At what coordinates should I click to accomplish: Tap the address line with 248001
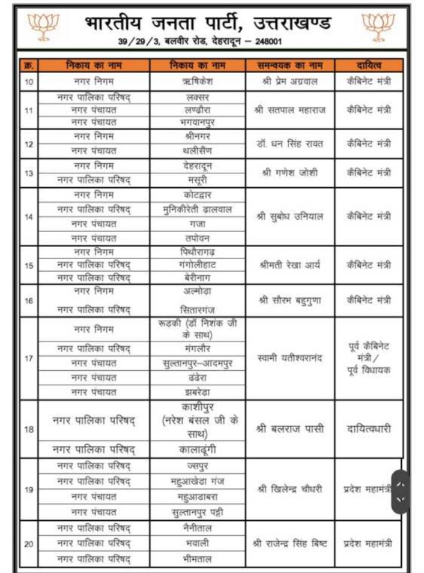click(200, 41)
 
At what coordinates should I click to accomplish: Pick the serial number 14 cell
click(29, 217)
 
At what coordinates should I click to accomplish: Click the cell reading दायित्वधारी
click(369, 429)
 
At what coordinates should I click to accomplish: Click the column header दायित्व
click(369, 65)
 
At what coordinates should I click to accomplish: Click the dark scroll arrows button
click(401, 490)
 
